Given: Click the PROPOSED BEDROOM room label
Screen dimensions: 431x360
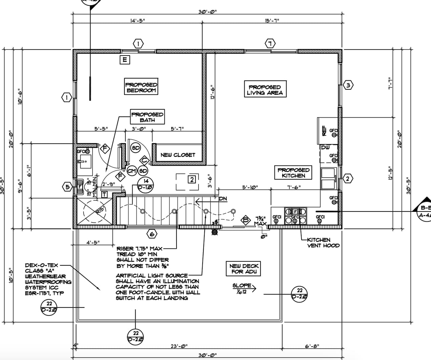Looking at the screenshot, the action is coord(141,87).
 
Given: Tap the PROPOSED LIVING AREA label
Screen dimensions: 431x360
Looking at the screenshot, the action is coord(265,89).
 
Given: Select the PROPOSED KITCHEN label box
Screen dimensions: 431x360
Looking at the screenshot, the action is coord(293,173).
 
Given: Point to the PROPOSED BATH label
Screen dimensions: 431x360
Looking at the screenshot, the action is coord(147,117).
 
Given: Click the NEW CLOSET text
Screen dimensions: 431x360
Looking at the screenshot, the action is coord(178,155).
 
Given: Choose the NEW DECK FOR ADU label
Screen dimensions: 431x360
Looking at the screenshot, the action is coord(244,269).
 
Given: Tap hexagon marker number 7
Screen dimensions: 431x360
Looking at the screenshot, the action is coord(270,44).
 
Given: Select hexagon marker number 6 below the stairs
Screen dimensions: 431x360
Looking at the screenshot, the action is coord(152,234).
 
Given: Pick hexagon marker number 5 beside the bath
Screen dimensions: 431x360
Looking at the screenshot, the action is coord(68,187).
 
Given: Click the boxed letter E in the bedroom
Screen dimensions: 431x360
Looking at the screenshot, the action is coord(125,60).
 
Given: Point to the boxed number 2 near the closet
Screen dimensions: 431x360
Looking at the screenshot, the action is coord(192,179).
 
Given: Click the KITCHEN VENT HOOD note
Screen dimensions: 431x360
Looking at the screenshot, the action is coord(323,243).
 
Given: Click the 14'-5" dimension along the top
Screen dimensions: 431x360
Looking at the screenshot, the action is coord(138,21).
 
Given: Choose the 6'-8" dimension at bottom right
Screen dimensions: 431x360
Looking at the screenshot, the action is coord(312,346).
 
